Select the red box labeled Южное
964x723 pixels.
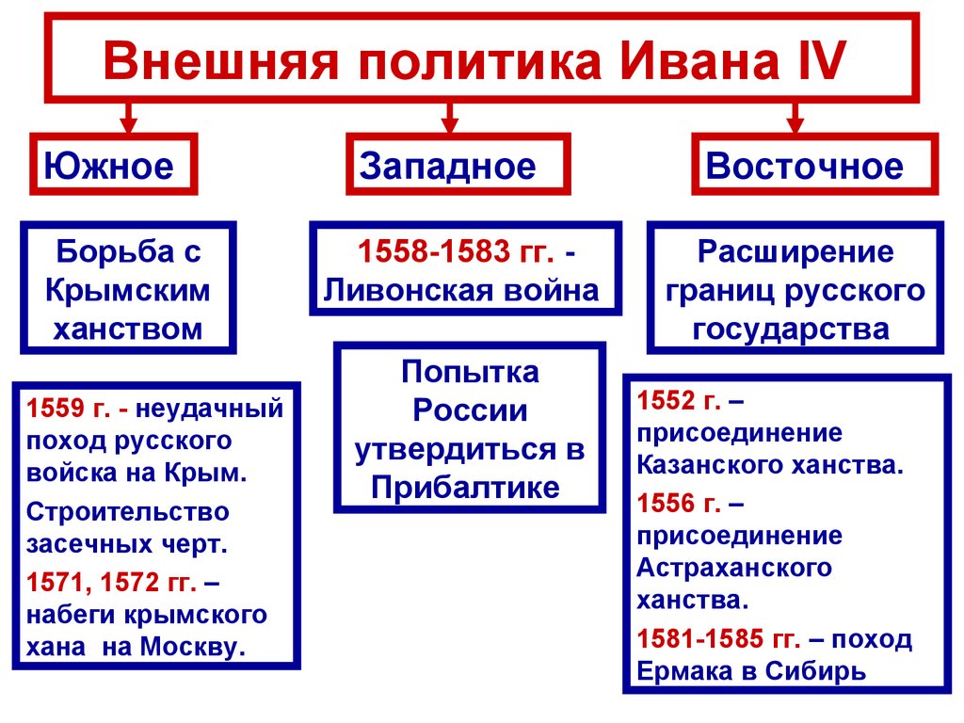(x=113, y=166)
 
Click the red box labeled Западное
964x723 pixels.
(x=458, y=166)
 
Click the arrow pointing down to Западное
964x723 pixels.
(x=450, y=118)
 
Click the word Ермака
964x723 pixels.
(x=683, y=672)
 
